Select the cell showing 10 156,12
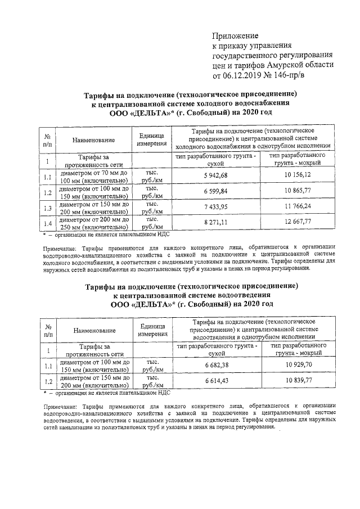click(x=298, y=176)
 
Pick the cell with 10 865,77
click(x=298, y=192)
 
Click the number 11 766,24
click(x=298, y=208)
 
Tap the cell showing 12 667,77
click(x=298, y=223)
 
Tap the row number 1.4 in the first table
click(x=48, y=224)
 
